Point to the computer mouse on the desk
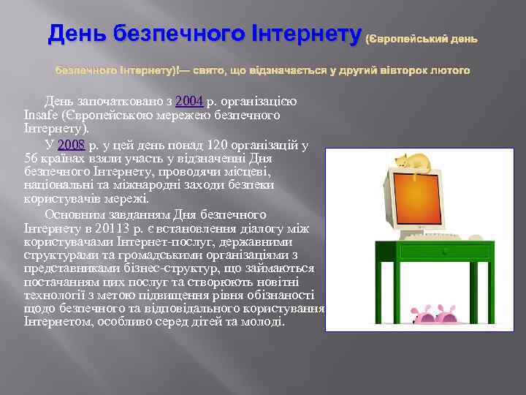[461, 236]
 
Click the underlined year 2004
[188, 100]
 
